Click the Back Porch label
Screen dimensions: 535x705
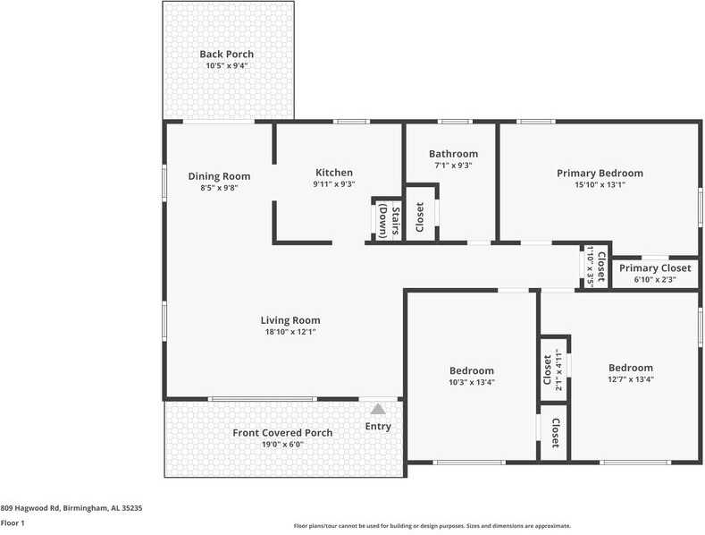[227, 55]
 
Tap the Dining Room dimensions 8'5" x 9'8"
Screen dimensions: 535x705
[219, 188]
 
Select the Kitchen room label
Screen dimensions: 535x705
[334, 173]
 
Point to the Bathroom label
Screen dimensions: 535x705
[453, 154]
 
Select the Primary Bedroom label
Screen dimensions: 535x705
[600, 173]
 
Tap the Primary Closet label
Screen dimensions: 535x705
[655, 267]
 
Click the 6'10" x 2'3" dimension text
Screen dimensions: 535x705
[655, 279]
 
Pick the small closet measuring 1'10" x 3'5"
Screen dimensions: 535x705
[595, 267]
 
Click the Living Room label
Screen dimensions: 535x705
[290, 320]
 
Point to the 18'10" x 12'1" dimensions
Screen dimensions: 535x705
[290, 332]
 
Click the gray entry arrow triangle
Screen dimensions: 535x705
[378, 409]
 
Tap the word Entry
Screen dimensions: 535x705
[378, 427]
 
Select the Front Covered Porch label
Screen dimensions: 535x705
[282, 433]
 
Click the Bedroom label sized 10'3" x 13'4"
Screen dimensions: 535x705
[471, 370]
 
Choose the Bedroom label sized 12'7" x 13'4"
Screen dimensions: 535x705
[631, 368]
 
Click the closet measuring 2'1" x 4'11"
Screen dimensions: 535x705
[553, 369]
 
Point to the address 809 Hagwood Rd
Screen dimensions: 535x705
[71, 508]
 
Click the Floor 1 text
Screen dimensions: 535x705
[13, 522]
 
